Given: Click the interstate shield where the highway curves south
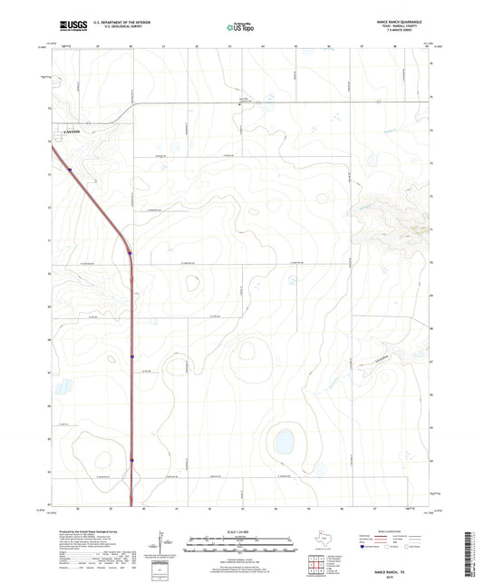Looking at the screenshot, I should pyautogui.click(x=130, y=253).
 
